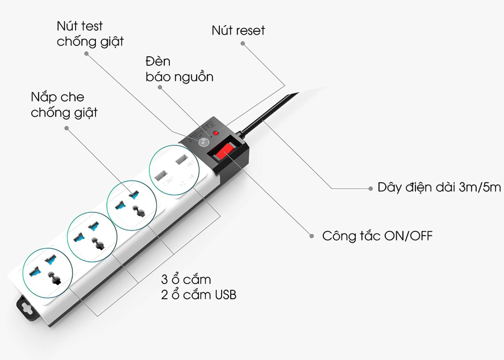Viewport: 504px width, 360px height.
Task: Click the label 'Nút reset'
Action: pyautogui.click(x=238, y=31)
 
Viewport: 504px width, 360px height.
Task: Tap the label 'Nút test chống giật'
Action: pyautogui.click(x=90, y=34)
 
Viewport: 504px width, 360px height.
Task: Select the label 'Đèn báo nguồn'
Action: pyautogui.click(x=179, y=69)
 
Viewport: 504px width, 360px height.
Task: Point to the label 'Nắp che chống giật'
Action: pyautogui.click(x=64, y=104)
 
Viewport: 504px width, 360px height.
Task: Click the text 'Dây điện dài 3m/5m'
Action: pyautogui.click(x=439, y=188)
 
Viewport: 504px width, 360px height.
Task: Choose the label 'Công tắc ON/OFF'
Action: pyautogui.click(x=377, y=236)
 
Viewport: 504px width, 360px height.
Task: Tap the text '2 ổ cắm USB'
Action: pyautogui.click(x=199, y=295)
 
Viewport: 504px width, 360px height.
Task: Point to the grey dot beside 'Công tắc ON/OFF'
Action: pyautogui.click(x=311, y=235)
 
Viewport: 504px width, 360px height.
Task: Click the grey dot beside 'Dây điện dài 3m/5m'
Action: pyautogui.click(x=370, y=188)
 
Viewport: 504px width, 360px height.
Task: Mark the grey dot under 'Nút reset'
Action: pyautogui.click(x=243, y=44)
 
